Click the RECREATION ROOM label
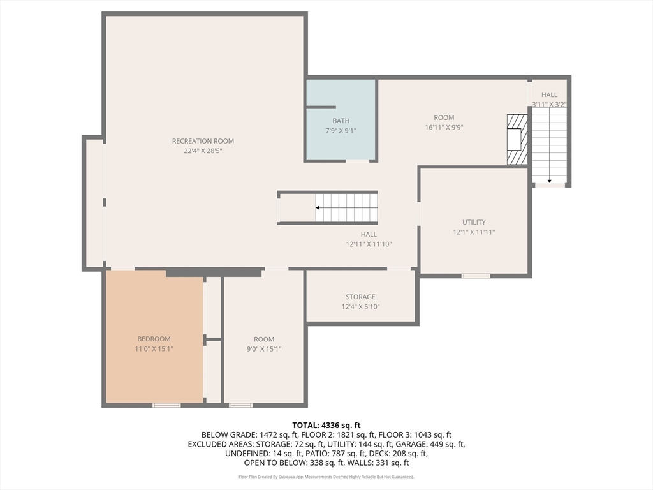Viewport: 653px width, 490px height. click(203, 141)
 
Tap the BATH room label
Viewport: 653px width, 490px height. click(341, 121)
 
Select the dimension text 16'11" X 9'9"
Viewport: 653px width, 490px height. click(444, 128)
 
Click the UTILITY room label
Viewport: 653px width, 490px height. click(474, 222)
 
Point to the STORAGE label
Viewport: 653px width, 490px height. click(360, 297)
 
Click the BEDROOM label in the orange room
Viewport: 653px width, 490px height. click(154, 339)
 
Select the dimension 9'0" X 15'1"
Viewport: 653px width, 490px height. click(264, 349)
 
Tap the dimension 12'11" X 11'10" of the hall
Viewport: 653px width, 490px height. click(369, 244)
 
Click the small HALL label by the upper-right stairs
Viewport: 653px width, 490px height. click(549, 94)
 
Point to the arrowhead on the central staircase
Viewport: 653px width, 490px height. click(318, 207)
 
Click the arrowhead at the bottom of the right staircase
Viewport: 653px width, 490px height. click(550, 181)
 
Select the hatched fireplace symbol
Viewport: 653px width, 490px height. click(517, 139)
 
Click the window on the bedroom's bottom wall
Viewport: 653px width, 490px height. click(166, 405)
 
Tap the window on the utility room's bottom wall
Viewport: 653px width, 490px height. click(476, 276)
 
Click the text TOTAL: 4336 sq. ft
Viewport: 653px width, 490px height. click(326, 426)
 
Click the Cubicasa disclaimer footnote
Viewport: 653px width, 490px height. click(326, 477)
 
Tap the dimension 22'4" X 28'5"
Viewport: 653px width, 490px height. click(203, 151)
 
